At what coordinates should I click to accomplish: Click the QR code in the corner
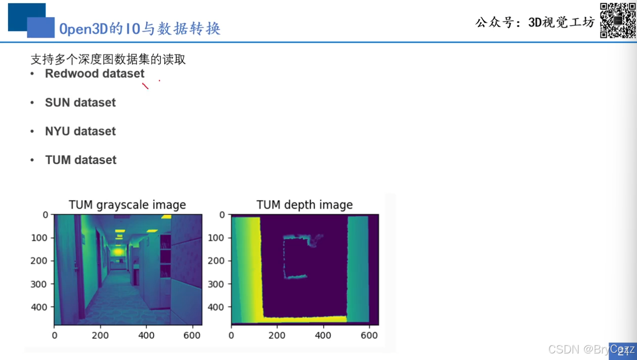(x=618, y=20)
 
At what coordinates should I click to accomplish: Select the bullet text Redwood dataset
(x=94, y=74)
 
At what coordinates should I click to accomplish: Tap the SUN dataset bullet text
(x=80, y=102)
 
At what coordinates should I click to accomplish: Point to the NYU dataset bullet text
(x=80, y=132)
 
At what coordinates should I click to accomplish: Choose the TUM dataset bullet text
(x=81, y=160)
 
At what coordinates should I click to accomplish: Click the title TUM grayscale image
(x=127, y=205)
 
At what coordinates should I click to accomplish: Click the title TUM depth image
(x=304, y=205)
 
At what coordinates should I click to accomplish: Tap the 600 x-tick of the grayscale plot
(x=192, y=335)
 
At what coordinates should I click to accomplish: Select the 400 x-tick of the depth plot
(x=323, y=335)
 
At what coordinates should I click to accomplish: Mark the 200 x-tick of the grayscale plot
(x=100, y=335)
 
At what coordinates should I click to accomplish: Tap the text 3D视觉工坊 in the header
(x=561, y=22)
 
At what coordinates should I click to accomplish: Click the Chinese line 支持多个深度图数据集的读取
(x=108, y=59)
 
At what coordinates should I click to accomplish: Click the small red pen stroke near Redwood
(x=145, y=86)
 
